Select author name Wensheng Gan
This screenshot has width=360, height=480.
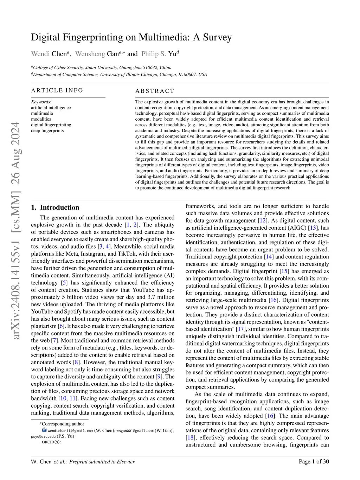point(97,54)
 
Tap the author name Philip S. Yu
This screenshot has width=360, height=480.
point(159,54)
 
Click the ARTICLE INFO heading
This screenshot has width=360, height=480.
point(57,90)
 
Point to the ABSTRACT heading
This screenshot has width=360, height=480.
point(155,91)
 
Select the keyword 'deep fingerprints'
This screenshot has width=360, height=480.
point(47,130)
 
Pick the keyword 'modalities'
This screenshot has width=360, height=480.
point(41,119)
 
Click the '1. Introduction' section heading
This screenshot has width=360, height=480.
point(55,207)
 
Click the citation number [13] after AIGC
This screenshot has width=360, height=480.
point(313,228)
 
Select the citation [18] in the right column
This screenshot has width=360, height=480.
point(190,437)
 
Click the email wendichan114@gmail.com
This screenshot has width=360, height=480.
point(70,430)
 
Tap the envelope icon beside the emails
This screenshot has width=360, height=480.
point(44,430)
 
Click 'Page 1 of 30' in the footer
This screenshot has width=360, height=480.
point(314,461)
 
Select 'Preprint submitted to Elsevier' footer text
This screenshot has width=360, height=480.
point(102,462)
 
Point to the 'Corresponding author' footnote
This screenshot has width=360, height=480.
point(63,424)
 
